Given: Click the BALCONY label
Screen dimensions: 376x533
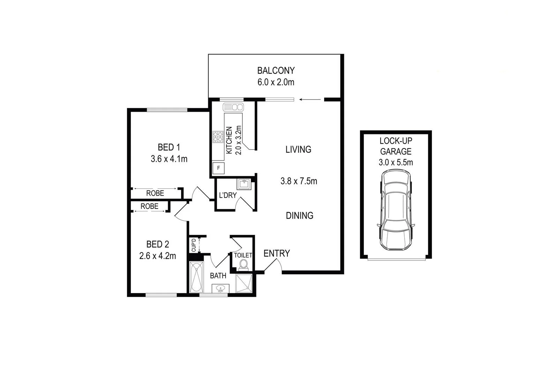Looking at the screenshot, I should pyautogui.click(x=276, y=71).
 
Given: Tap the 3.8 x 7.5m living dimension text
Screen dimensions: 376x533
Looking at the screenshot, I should pyautogui.click(x=299, y=181).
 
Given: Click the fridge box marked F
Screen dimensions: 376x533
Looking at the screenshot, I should pyautogui.click(x=219, y=168).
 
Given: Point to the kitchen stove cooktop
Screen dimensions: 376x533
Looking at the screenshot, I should pyautogui.click(x=218, y=137).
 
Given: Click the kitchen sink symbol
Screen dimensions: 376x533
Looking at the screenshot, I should pyautogui.click(x=233, y=107).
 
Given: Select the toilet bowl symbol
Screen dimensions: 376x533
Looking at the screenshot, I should pyautogui.click(x=243, y=265).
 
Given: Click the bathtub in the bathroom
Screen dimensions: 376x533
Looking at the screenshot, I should pyautogui.click(x=196, y=277).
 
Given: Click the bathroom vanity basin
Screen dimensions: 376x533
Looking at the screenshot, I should pyautogui.click(x=220, y=289).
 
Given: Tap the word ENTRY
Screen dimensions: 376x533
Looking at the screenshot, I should pyautogui.click(x=277, y=253).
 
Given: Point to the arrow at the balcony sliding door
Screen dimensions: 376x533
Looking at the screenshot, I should pyautogui.click(x=310, y=100).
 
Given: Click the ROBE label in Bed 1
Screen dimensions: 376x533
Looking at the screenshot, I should pyautogui.click(x=155, y=193).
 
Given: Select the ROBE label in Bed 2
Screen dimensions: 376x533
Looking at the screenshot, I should pyautogui.click(x=149, y=206).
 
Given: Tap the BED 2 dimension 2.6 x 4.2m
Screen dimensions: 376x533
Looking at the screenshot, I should pyautogui.click(x=157, y=256).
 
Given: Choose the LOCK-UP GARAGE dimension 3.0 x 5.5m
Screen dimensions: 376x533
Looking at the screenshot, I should pyautogui.click(x=396, y=162).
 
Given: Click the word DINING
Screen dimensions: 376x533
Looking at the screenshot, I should pyautogui.click(x=299, y=216).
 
